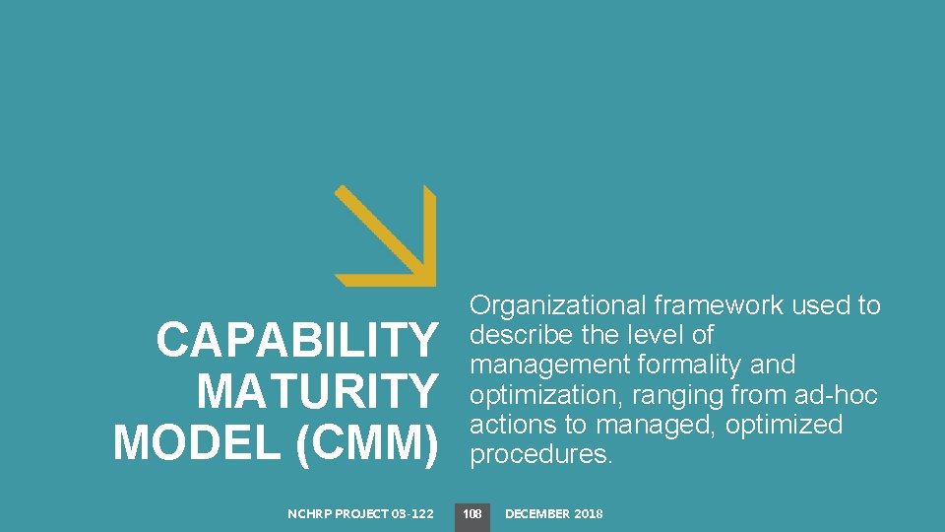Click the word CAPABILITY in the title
pyautogui.click(x=295, y=341)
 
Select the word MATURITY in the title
pyautogui.click(x=316, y=391)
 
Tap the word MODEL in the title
pyautogui.click(x=198, y=441)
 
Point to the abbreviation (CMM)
pyautogui.click(x=365, y=441)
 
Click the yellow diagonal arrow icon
pyautogui.click(x=385, y=235)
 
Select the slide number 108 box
pyautogui.click(x=472, y=513)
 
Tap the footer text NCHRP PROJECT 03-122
pyautogui.click(x=360, y=513)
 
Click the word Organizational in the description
pyautogui.click(x=558, y=306)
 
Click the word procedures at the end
pyautogui.click(x=540, y=455)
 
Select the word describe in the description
pyautogui.click(x=516, y=335)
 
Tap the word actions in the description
pyautogui.click(x=510, y=425)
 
